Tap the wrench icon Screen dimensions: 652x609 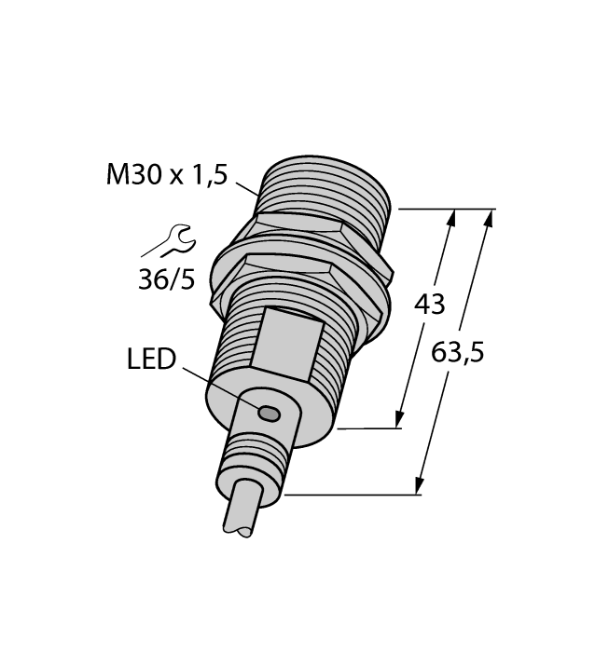(169, 244)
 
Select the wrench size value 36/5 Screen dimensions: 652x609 (167, 278)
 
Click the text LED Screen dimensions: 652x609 (151, 359)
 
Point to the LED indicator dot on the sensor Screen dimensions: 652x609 (269, 413)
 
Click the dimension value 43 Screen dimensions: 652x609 (429, 304)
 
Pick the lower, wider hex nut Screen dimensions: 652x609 (298, 279)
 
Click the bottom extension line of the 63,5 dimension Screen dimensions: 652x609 (354, 496)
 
